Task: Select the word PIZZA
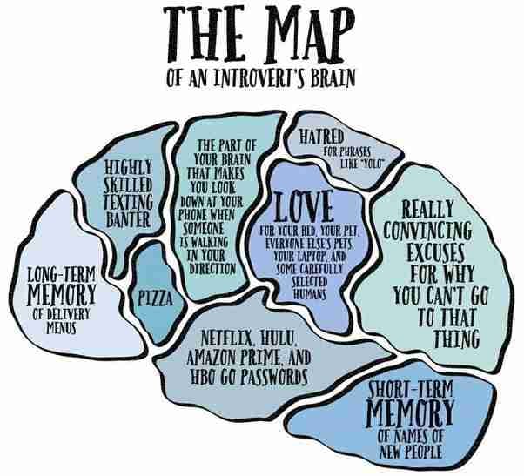pos(153,300)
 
